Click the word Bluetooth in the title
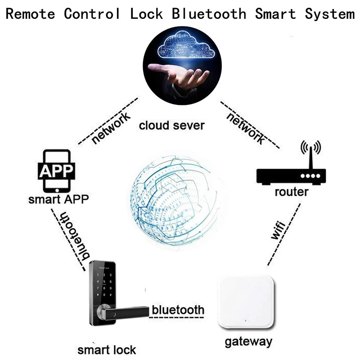[x=209, y=13]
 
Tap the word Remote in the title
[x=30, y=13]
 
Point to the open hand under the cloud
[x=180, y=76]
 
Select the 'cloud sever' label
[x=171, y=125]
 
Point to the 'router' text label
[x=292, y=193]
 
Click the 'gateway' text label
[x=248, y=342]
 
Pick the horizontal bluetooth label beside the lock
[x=178, y=310]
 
